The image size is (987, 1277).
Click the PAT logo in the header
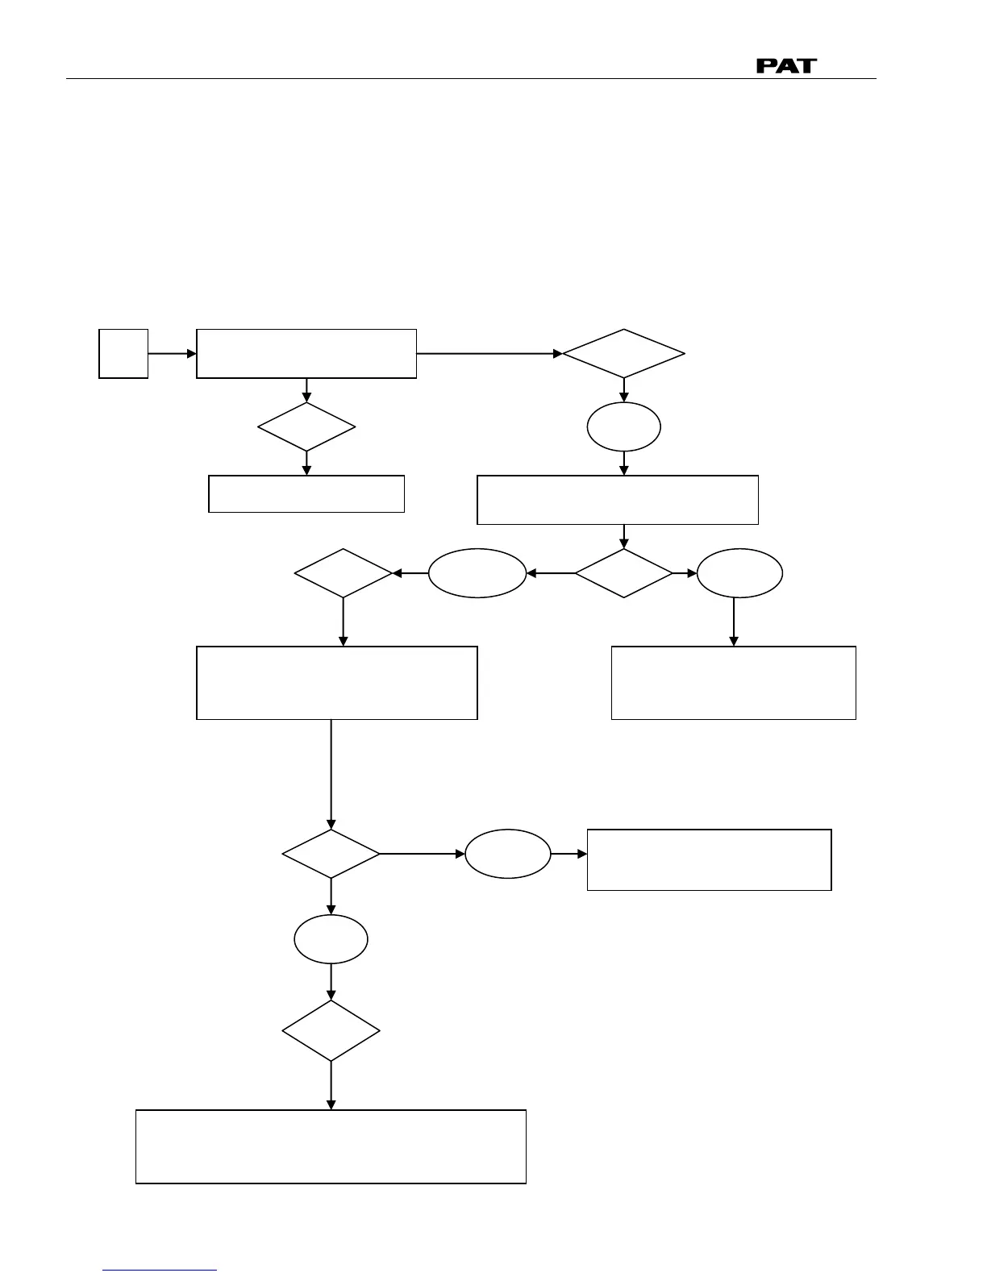pos(785,65)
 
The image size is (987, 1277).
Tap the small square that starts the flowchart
pos(123,353)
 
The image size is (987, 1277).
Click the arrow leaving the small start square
pos(172,353)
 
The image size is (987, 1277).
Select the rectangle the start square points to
pos(306,353)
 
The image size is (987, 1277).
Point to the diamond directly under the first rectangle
pos(306,426)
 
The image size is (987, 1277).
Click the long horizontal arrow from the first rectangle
pos(489,353)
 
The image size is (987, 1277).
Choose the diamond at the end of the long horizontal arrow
pos(623,353)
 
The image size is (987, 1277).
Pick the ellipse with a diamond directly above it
pos(623,426)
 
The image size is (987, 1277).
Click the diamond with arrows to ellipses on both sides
pos(623,573)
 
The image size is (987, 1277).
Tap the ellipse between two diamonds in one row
pos(477,573)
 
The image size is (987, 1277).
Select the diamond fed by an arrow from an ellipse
pos(344,573)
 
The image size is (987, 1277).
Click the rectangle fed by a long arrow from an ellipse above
pos(733,682)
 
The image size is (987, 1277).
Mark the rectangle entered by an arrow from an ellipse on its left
pos(709,859)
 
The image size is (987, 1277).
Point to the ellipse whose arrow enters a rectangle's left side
pos(508,853)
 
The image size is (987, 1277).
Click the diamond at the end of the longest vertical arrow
pos(331,853)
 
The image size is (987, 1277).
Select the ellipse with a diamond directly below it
pos(331,939)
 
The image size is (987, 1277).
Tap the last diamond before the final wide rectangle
pos(331,1031)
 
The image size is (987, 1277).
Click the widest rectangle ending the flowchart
pos(331,1146)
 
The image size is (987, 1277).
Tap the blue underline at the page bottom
pos(160,1271)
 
